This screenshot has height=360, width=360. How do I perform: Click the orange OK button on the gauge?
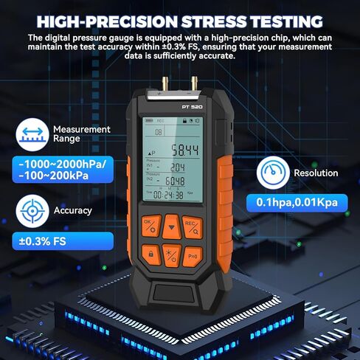(149, 225)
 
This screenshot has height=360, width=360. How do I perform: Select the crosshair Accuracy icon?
(31, 210)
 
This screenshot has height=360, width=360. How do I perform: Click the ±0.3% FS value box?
(46, 240)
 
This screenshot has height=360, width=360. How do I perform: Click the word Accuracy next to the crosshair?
(72, 210)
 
